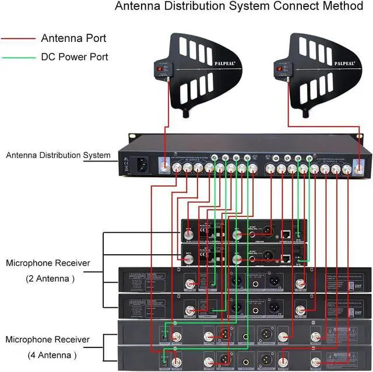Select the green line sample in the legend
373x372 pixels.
[x=19, y=58]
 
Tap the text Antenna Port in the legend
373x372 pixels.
[x=73, y=39]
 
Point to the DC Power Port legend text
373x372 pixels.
[x=75, y=57]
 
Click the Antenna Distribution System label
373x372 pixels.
[x=58, y=155]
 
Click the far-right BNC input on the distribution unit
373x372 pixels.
[x=360, y=167]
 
